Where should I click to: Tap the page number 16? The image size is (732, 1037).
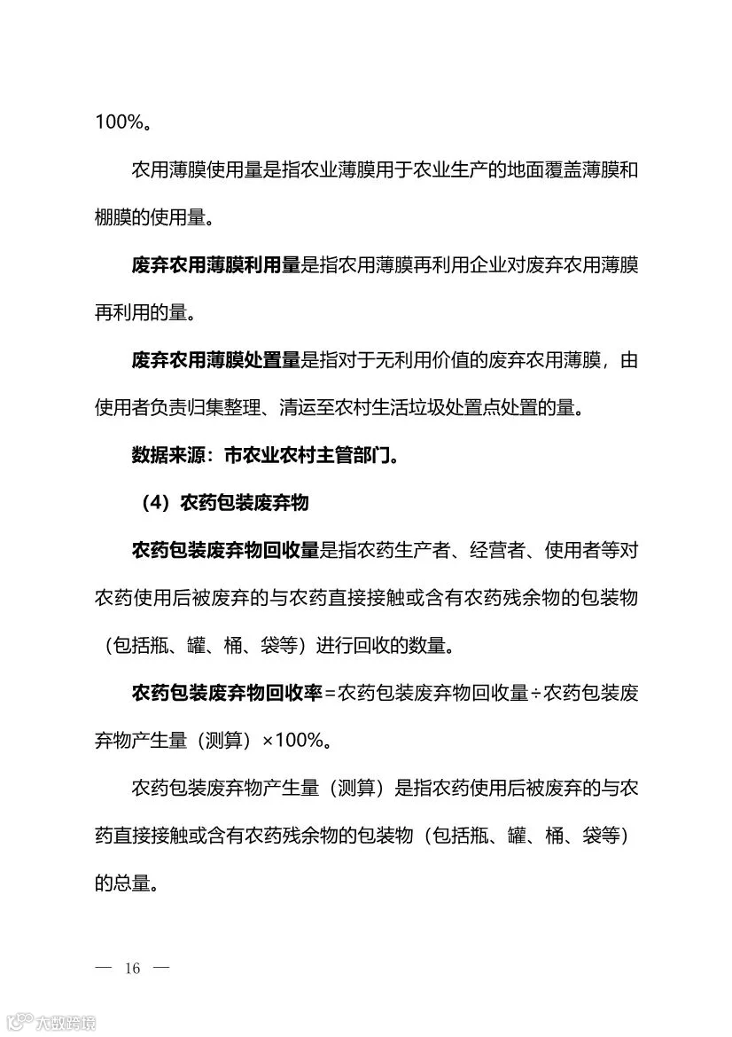click(x=133, y=968)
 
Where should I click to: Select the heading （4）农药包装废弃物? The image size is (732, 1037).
click(x=224, y=503)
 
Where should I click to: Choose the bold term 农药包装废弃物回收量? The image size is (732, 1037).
click(x=225, y=550)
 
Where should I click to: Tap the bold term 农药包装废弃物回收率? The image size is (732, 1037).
click(x=225, y=693)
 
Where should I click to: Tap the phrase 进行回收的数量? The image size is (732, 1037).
click(x=384, y=645)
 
